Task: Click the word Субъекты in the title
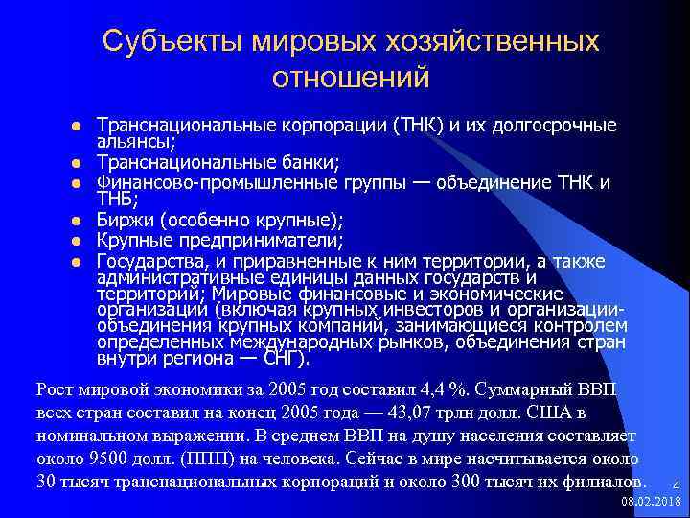coord(172,41)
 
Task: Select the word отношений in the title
coord(351,77)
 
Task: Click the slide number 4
coord(675,484)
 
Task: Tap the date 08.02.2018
coord(650,502)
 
